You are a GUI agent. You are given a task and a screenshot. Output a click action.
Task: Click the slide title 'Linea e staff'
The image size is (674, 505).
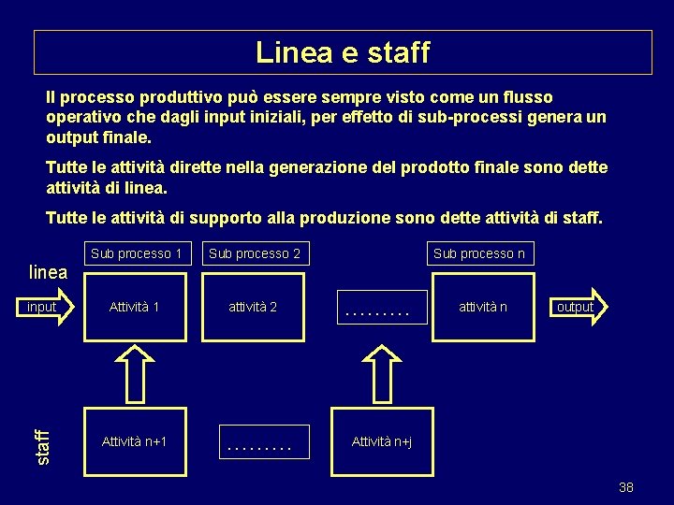pyautogui.click(x=343, y=52)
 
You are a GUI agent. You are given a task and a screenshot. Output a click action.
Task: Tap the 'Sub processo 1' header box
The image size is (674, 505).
pyautogui.click(x=137, y=253)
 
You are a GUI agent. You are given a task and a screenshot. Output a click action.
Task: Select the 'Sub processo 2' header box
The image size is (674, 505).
pyautogui.click(x=255, y=253)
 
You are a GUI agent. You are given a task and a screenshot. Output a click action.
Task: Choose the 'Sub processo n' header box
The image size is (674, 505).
pyautogui.click(x=479, y=253)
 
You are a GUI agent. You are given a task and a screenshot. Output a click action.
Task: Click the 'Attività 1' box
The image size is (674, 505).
pyautogui.click(x=135, y=307)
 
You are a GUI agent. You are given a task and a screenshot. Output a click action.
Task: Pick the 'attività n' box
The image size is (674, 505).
pyautogui.click(x=482, y=307)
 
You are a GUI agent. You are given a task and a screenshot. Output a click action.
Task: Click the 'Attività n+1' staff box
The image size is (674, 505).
pyautogui.click(x=135, y=441)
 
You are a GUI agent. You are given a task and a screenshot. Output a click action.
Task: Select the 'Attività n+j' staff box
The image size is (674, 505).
pyautogui.click(x=382, y=441)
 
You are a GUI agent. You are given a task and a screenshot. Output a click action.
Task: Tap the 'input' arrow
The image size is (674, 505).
pyautogui.click(x=47, y=307)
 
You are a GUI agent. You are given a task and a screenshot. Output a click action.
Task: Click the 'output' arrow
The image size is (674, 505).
pyautogui.click(x=577, y=307)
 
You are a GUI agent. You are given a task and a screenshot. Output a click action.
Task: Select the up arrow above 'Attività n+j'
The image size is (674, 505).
pyautogui.click(x=381, y=373)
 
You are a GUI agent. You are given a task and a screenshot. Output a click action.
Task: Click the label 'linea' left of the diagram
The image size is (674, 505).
pyautogui.click(x=49, y=273)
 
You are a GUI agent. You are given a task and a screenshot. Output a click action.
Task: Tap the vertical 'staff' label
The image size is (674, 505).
pyautogui.click(x=40, y=446)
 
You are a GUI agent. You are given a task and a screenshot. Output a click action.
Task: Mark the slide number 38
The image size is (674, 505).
pyautogui.click(x=626, y=487)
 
